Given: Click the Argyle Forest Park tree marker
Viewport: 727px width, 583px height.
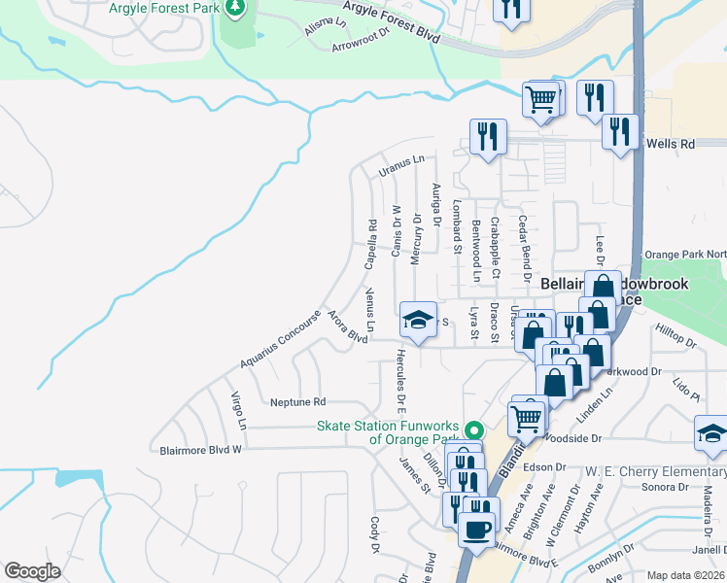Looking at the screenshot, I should pos(234,9).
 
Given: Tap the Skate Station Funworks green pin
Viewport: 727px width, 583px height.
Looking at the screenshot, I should pos(474,429).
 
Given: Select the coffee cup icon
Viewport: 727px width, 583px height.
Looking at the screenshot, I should pos(475,531).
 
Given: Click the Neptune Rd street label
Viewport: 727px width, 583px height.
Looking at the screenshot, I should pos(297,401).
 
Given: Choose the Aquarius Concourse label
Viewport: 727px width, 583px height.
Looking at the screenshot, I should pos(280,340).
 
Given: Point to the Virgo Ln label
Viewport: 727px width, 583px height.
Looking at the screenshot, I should pos(238,412).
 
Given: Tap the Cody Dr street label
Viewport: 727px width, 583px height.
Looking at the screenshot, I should pos(374,535).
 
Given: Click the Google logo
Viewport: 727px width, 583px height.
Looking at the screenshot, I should pos(32,571).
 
